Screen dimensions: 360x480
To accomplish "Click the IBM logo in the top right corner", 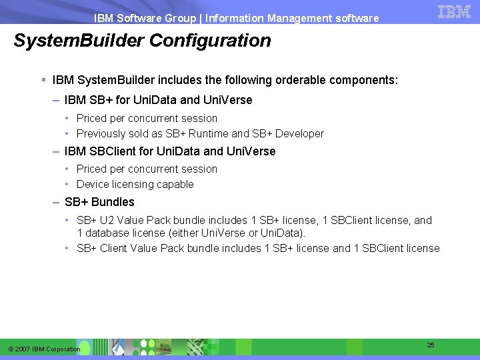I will point(455,11).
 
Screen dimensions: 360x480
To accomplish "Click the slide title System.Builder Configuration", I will point(143,41).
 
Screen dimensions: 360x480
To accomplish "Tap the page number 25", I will point(431,345).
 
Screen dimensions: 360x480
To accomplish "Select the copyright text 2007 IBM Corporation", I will point(44,349).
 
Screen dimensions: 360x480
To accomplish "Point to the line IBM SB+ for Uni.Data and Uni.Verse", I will point(158,100).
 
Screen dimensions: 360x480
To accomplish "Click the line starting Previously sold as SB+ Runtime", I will point(200,133).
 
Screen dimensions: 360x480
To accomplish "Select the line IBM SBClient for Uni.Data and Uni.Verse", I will point(170,151).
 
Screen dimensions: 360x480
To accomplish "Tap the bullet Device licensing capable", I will point(135,184).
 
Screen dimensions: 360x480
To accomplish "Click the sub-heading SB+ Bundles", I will point(99,202).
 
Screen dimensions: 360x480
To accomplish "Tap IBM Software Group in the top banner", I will point(145,19).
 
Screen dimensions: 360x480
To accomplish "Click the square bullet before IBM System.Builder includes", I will point(43,80).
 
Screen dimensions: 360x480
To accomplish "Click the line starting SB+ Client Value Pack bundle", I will point(258,248).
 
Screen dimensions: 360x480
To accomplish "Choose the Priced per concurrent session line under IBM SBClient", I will point(147,169).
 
